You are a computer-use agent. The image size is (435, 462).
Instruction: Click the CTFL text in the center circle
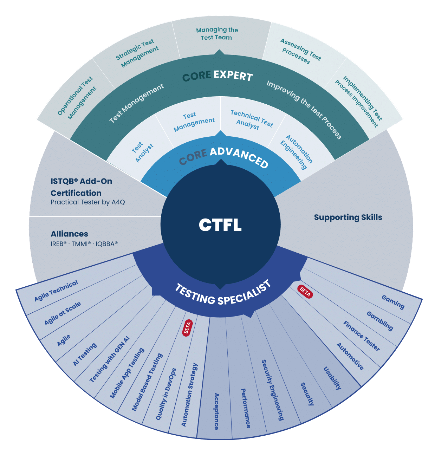pyautogui.click(x=220, y=225)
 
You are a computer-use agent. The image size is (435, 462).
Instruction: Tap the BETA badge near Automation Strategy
pyautogui.click(x=187, y=328)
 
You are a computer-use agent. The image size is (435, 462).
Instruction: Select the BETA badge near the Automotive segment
pyautogui.click(x=305, y=291)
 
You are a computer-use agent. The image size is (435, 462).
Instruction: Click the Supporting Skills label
pyautogui.click(x=348, y=217)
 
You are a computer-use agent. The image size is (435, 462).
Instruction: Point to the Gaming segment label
pyautogui.click(x=393, y=302)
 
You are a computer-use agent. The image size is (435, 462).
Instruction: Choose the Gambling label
pyautogui.click(x=380, y=320)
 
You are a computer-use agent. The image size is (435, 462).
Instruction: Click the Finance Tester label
pyautogui.click(x=362, y=336)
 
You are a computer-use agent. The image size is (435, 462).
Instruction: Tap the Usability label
pyautogui.click(x=332, y=378)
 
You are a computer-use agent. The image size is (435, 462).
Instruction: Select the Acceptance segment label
pyautogui.click(x=216, y=411)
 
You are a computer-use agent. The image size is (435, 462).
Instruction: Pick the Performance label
pyautogui.click(x=246, y=408)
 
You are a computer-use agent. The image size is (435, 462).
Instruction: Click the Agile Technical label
pyautogui.click(x=56, y=291)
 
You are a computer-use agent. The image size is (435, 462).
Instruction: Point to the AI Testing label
pyautogui.click(x=85, y=354)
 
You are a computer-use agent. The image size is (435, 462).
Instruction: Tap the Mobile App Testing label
pyautogui.click(x=127, y=373)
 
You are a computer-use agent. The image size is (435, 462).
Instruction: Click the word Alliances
pyautogui.click(x=69, y=234)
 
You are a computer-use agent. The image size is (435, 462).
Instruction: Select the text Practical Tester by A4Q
pyautogui.click(x=88, y=202)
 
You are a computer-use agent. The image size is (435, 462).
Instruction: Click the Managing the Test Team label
pyautogui.click(x=217, y=34)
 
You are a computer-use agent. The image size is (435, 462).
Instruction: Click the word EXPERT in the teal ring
pyautogui.click(x=233, y=75)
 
